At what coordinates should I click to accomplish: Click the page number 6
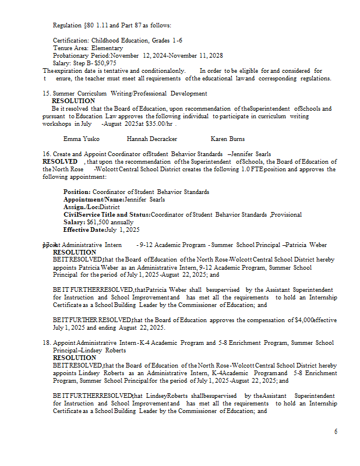click(336, 432)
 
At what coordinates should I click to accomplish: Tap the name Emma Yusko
click(81, 139)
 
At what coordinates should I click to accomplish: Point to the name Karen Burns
click(228, 139)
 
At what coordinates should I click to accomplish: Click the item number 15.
click(47, 93)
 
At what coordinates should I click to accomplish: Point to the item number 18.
click(47, 343)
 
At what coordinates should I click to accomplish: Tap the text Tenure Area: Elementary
click(88, 48)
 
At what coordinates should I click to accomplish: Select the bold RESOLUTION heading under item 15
click(73, 101)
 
